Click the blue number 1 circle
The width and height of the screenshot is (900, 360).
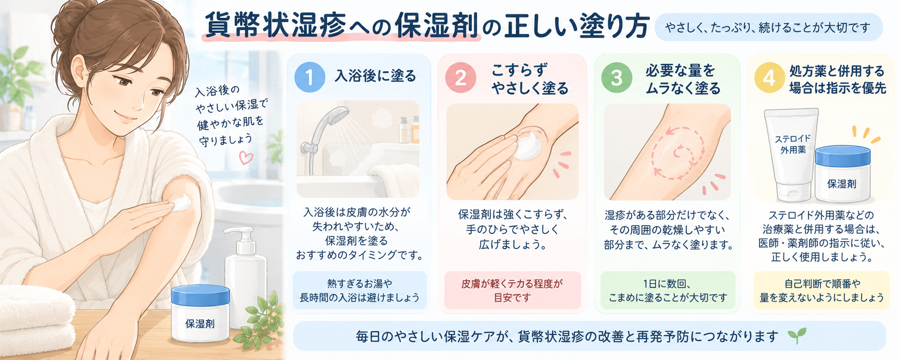pos(310,77)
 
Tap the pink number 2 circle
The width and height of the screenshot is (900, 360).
pos(461,77)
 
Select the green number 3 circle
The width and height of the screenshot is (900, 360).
pos(616,77)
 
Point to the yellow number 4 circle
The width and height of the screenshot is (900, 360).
pos(769,77)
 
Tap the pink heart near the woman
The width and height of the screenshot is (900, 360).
pos(246,158)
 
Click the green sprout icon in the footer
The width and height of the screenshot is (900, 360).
pos(797,335)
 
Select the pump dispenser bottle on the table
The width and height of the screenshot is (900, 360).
pos(246,277)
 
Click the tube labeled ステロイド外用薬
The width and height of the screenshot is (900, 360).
pos(792,154)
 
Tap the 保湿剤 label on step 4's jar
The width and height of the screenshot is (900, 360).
pos(841,184)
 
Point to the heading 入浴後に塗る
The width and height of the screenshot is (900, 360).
pos(375,76)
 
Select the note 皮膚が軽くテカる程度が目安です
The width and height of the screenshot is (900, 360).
pos(512,291)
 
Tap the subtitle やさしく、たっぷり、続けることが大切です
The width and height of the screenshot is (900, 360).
pos(768,28)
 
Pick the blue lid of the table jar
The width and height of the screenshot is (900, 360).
pos(200,296)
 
